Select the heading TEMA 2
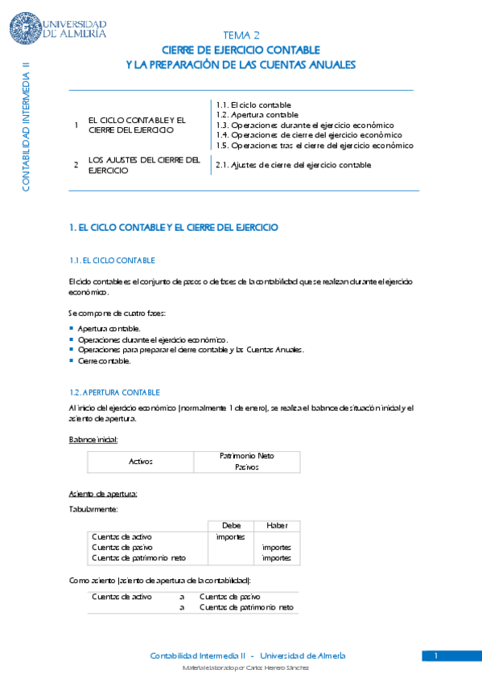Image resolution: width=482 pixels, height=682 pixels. click(241, 35)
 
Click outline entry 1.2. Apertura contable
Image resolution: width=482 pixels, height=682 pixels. click(257, 115)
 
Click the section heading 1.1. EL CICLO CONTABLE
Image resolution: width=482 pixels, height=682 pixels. click(113, 261)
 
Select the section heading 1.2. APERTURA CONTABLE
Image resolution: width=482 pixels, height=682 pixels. click(115, 392)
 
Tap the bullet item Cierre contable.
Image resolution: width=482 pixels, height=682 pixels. click(99, 360)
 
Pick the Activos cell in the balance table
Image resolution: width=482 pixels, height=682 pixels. click(141, 462)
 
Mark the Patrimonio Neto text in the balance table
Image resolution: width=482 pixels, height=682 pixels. click(247, 456)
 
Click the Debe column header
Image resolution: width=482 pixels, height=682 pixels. click(231, 525)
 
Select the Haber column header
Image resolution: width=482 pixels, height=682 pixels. click(277, 525)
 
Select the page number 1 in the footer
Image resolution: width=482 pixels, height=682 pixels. click(435, 656)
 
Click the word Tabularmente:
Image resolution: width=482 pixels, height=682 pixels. click(95, 509)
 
